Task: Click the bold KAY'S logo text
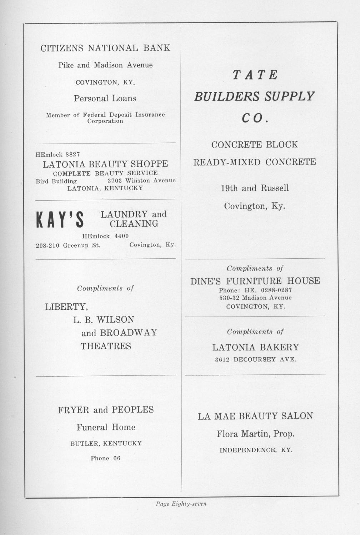click(x=60, y=219)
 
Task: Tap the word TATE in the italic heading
click(x=255, y=75)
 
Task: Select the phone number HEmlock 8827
click(x=58, y=155)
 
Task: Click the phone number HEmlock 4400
click(x=105, y=236)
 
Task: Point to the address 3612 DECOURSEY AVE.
click(x=255, y=359)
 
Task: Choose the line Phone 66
click(x=105, y=458)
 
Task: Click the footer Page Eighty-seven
click(x=181, y=504)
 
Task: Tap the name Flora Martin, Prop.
click(x=255, y=434)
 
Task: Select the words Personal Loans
click(x=105, y=98)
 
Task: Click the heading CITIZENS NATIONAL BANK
click(x=105, y=48)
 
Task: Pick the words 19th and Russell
click(x=255, y=188)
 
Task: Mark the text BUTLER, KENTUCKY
click(x=106, y=444)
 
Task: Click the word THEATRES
click(x=106, y=346)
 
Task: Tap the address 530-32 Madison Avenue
click(x=255, y=298)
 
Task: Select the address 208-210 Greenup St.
click(x=68, y=245)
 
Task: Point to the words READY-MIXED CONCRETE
click(x=255, y=162)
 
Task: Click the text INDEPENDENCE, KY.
click(x=256, y=450)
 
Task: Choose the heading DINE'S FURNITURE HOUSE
click(x=255, y=281)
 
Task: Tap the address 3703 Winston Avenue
click(x=141, y=181)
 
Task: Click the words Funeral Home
click(x=106, y=427)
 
